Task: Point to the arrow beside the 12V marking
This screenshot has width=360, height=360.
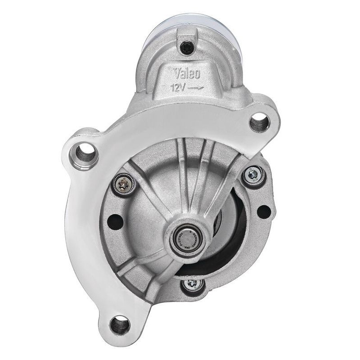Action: pos(196,88)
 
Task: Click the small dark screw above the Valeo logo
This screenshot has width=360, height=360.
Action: pos(186,46)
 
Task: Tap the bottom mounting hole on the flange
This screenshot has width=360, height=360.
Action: pos(120,324)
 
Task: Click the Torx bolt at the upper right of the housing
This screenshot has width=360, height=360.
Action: pos(253,174)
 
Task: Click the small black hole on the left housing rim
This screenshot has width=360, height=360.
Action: pos(116,221)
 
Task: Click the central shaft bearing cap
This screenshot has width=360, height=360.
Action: pos(187,237)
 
